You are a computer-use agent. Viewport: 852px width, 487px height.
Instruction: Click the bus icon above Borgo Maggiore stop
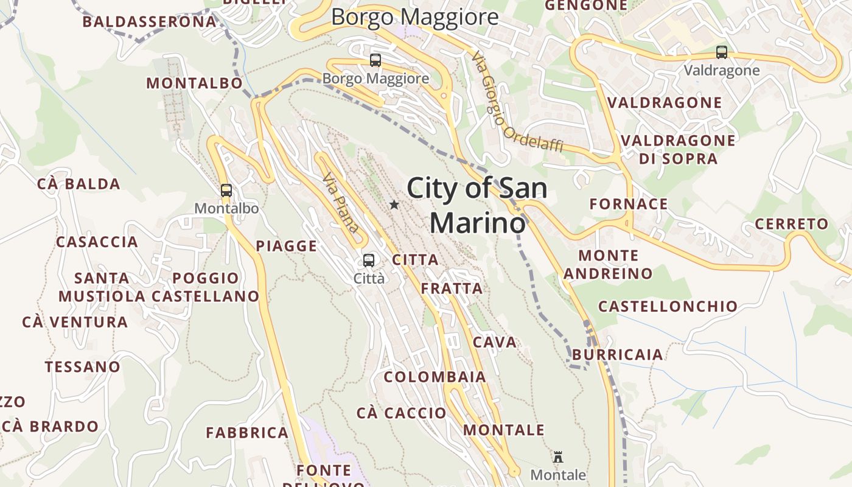(x=375, y=60)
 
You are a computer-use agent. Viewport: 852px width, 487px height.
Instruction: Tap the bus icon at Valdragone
(x=722, y=52)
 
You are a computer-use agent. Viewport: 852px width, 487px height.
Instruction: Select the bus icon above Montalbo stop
(x=226, y=191)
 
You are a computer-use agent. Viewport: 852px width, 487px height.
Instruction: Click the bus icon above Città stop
(x=369, y=261)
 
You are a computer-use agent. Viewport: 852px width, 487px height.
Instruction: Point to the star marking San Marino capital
(x=394, y=205)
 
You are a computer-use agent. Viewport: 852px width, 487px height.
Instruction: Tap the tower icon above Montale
(x=557, y=457)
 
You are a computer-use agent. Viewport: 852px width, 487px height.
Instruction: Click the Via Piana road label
(x=341, y=203)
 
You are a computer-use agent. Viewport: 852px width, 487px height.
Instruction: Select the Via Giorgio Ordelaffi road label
(x=517, y=102)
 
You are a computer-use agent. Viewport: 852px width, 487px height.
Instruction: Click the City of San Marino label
(x=477, y=205)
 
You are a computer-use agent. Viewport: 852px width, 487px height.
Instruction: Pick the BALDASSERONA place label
(x=150, y=22)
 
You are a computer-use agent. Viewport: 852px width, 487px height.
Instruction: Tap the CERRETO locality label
(x=792, y=224)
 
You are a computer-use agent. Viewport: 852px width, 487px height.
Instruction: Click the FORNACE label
(x=629, y=204)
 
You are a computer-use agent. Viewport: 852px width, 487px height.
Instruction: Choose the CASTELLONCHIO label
(x=668, y=306)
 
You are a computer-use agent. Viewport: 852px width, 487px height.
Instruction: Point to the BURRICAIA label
(x=618, y=354)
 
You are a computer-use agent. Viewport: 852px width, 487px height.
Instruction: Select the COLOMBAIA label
(x=435, y=377)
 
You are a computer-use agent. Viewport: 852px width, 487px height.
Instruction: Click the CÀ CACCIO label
(x=401, y=413)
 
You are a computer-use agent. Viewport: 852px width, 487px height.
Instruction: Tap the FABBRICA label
(x=247, y=433)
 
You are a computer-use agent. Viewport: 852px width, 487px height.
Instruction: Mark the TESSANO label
(x=83, y=367)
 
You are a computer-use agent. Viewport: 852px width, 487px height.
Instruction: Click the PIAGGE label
(x=287, y=246)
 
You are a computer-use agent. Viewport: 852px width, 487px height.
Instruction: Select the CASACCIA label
(x=97, y=242)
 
